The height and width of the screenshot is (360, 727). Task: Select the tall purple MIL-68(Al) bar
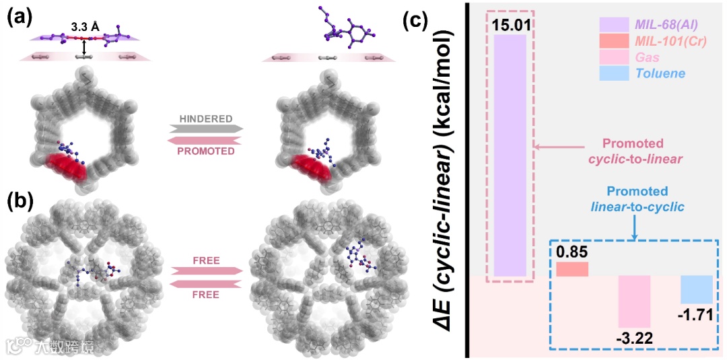(x=510, y=155)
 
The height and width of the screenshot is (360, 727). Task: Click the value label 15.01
(x=510, y=24)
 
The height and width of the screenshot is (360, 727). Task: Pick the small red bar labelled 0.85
(x=572, y=269)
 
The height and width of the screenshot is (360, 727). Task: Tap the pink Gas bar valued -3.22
(x=635, y=301)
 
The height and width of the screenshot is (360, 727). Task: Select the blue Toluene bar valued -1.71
(x=696, y=289)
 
